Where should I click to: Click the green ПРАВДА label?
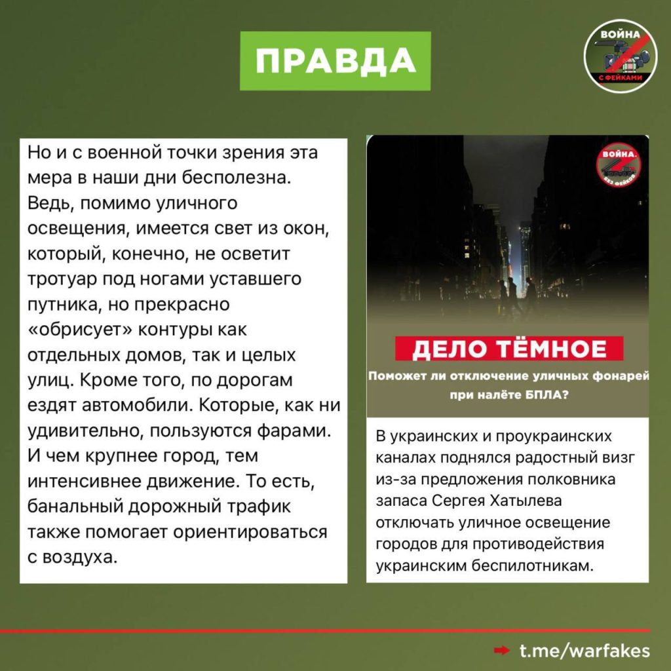click(335, 60)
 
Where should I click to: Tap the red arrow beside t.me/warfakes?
click(502, 651)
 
